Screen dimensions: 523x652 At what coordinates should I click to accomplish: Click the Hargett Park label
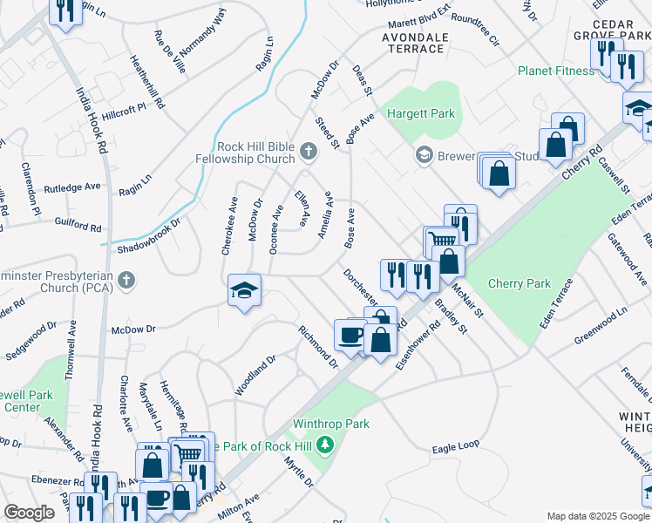(x=422, y=114)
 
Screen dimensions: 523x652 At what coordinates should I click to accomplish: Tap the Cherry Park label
(x=520, y=283)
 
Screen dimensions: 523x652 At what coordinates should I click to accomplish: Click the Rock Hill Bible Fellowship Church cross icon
(x=308, y=153)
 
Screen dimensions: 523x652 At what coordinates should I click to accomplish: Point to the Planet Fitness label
(x=555, y=71)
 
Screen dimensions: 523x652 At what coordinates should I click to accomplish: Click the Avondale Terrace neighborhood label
(x=414, y=43)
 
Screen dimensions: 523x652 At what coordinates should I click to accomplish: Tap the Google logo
(x=30, y=513)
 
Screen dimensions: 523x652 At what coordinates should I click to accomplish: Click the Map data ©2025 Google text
(x=597, y=516)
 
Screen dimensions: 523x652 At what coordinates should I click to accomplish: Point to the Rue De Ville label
(x=169, y=51)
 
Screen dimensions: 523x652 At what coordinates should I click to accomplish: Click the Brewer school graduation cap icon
(x=424, y=155)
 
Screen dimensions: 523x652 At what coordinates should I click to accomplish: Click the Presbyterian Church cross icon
(x=126, y=281)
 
